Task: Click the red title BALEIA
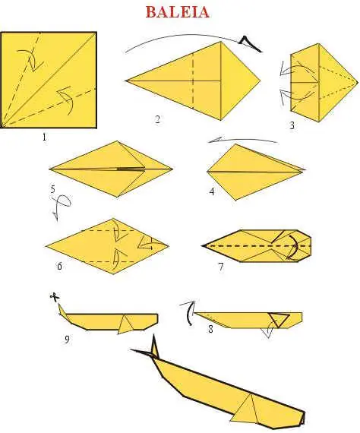pos(177,12)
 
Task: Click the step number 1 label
pos(44,137)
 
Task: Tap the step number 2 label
pos(157,119)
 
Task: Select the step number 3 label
pos(292,125)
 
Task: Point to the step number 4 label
pos(212,191)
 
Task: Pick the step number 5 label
pos(53,189)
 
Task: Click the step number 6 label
pos(59,266)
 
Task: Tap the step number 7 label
pos(220,267)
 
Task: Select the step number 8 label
pos(210,329)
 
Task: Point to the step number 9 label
pos(67,339)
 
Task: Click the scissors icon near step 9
pos(55,297)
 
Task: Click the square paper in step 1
pos(49,80)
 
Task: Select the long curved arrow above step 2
pos(193,35)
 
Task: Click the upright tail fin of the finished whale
pos(154,346)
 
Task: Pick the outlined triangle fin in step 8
pos(279,320)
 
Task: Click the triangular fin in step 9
pos(125,324)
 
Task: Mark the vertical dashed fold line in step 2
pos(193,81)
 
